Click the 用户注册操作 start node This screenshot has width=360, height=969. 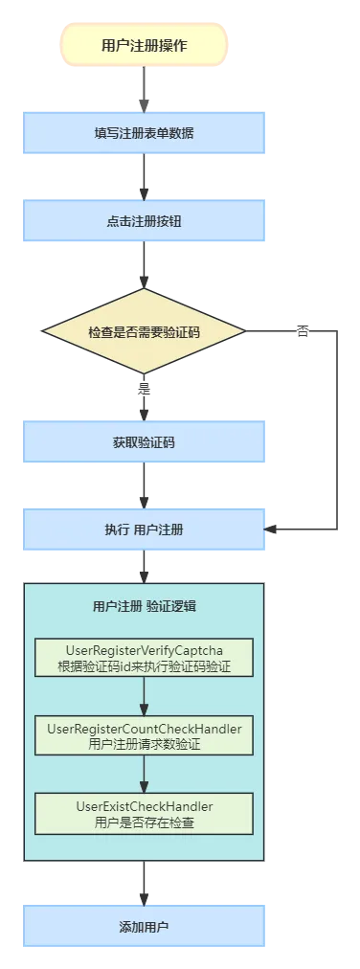144,45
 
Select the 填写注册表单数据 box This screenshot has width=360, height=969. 144,133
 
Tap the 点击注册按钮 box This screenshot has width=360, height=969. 144,221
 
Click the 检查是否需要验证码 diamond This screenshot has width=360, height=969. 144,331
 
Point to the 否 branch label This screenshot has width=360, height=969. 303,331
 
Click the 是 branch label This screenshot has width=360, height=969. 145,390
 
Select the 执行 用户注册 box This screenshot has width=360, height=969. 144,530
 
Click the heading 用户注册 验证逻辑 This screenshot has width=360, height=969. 145,606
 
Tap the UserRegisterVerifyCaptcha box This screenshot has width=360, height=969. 144,658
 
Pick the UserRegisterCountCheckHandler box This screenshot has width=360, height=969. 144,735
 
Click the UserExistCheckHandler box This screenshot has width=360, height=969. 144,813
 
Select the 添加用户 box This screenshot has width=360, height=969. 144,927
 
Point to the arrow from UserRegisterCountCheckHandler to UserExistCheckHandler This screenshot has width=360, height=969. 144,774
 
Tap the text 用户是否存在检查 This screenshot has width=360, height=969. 144,821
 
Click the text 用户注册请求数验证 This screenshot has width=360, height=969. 144,743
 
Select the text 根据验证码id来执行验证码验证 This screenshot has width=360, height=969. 144,665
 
